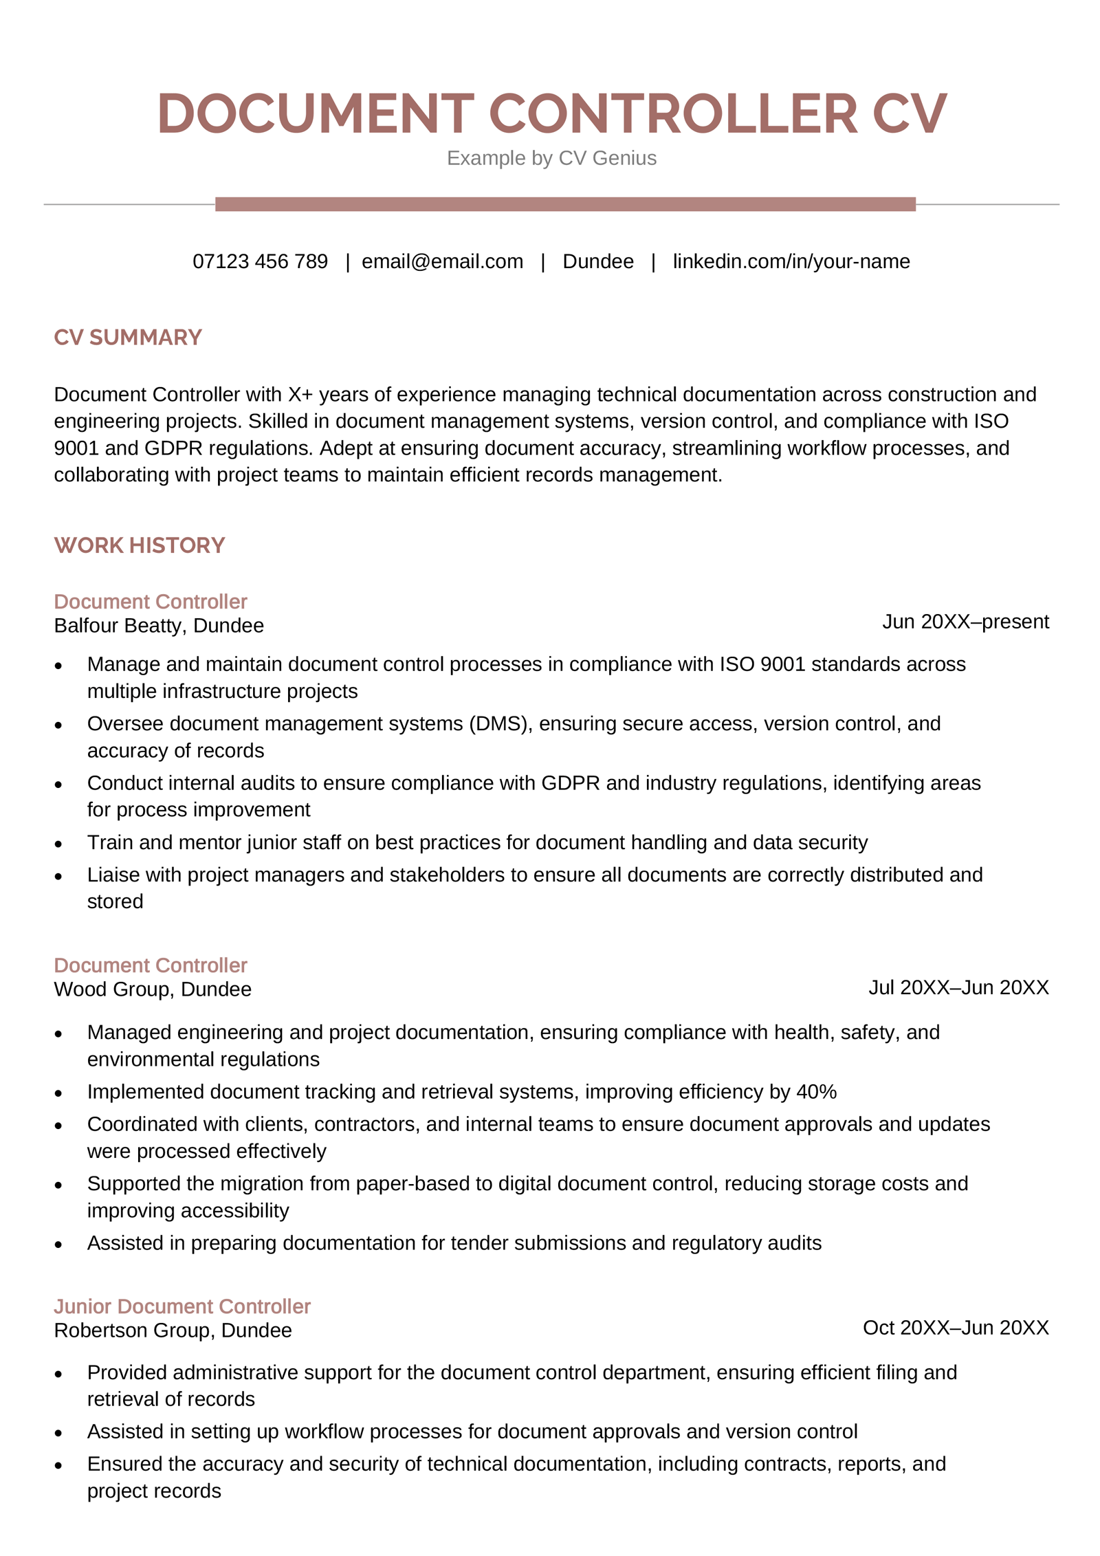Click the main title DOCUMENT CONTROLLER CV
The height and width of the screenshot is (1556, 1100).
pyautogui.click(x=551, y=113)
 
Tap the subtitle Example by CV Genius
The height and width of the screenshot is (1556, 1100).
pyautogui.click(x=551, y=158)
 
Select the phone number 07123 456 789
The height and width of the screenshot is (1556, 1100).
pyautogui.click(x=260, y=261)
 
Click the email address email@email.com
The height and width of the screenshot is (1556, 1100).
pyautogui.click(x=442, y=261)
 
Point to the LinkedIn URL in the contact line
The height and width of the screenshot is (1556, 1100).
pyautogui.click(x=791, y=261)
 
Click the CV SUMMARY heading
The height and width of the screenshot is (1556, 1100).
pyautogui.click(x=128, y=338)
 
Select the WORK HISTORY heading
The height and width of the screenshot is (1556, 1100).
pyautogui.click(x=140, y=545)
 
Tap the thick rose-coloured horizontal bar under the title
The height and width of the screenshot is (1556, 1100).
pyautogui.click(x=565, y=204)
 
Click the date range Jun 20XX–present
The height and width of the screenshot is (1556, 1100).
pyautogui.click(x=965, y=622)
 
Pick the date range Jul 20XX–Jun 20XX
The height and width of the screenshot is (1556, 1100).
pyautogui.click(x=958, y=987)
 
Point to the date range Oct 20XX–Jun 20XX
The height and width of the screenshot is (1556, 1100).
pyautogui.click(x=955, y=1328)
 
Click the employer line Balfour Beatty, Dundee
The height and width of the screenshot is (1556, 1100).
pyautogui.click(x=159, y=626)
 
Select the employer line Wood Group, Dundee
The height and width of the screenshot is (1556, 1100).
pyautogui.click(x=153, y=989)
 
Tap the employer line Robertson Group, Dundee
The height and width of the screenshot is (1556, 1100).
pyautogui.click(x=173, y=1330)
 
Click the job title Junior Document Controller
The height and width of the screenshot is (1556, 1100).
pyautogui.click(x=182, y=1306)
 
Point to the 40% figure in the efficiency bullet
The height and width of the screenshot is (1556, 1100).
pyautogui.click(x=816, y=1092)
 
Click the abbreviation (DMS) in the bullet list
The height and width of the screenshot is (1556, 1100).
pyautogui.click(x=500, y=723)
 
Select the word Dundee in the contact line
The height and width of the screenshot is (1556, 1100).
pyautogui.click(x=597, y=261)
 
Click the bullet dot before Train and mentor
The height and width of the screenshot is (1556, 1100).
pyautogui.click(x=58, y=844)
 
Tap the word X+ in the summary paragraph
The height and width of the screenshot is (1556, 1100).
pyautogui.click(x=300, y=395)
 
